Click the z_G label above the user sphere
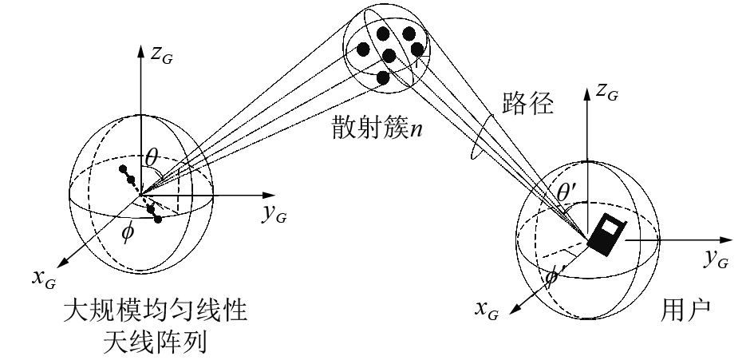coord(608,92)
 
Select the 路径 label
coord(529,104)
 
